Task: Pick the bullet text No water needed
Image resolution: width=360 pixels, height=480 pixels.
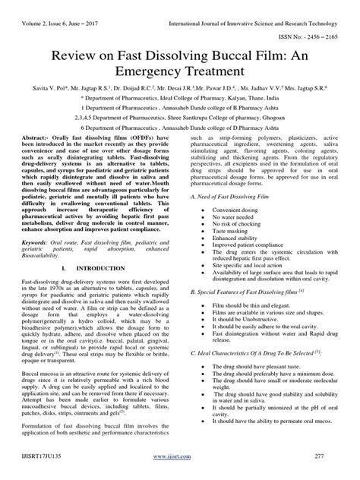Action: pos(234,217)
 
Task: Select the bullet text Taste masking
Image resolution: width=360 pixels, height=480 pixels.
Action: pos(230,232)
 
